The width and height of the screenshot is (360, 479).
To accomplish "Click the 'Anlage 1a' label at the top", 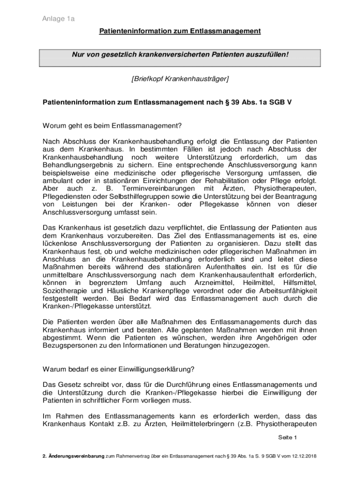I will tap(58, 19).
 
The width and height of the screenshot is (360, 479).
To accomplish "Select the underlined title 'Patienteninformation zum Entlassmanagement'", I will tap(180, 31).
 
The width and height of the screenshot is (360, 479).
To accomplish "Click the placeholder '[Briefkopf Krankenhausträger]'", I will tap(180, 79).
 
